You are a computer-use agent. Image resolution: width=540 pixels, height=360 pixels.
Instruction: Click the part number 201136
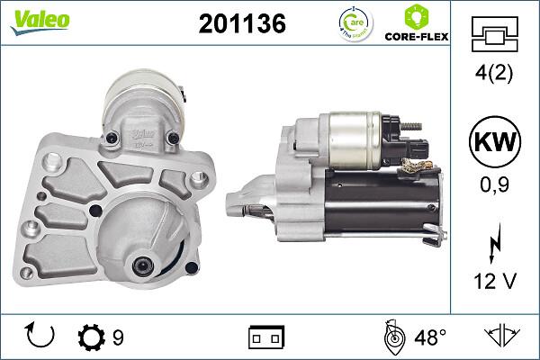pos(241,24)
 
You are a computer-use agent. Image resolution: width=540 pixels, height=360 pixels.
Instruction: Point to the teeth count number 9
pos(119,337)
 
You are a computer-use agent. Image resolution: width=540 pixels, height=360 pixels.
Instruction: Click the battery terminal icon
pos(265,337)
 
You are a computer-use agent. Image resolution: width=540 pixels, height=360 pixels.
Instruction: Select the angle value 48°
pos(430,337)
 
